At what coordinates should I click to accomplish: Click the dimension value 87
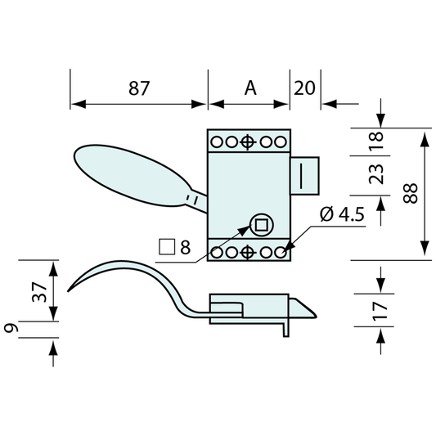(139, 88)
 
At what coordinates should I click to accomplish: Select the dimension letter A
(250, 88)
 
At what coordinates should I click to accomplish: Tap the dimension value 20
(304, 88)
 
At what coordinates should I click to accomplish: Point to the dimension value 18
(376, 141)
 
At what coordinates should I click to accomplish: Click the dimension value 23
(376, 174)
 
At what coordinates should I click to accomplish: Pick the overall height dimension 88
(411, 194)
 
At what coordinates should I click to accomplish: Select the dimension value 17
(380, 311)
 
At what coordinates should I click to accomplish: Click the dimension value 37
(39, 292)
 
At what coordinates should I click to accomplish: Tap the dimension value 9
(11, 328)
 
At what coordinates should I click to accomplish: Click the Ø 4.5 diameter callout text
(342, 214)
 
